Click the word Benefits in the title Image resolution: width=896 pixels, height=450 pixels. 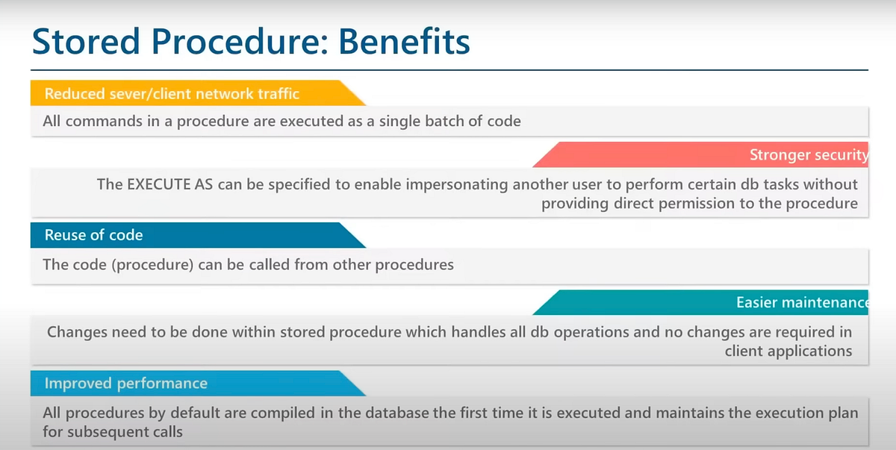point(404,41)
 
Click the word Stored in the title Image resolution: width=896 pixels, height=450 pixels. point(86,41)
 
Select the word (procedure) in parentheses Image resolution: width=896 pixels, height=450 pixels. point(153,265)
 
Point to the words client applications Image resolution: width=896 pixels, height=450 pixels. point(788,351)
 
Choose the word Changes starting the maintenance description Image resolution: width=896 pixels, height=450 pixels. point(77,333)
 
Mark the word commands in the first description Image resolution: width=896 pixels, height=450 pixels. point(104,121)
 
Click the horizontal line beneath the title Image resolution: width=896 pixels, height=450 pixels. point(449,70)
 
